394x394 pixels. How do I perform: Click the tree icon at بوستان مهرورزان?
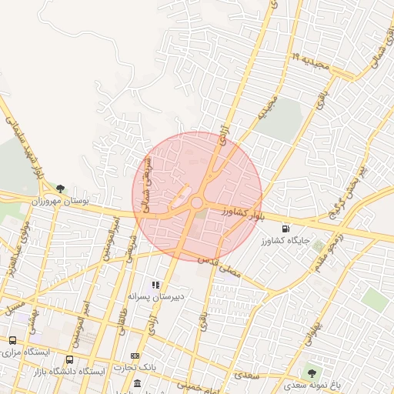coord(59,187)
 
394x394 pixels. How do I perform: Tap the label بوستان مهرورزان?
coord(60,200)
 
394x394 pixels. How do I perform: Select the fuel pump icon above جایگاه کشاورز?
coord(286,229)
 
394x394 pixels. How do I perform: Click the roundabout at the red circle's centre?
coord(197,203)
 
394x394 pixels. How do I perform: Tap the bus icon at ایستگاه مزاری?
coord(13,340)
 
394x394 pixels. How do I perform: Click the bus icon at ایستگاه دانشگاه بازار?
coord(70,359)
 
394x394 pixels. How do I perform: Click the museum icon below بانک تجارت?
coord(137,383)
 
